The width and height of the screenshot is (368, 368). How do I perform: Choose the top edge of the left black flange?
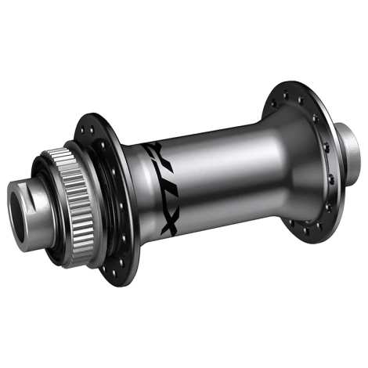pos(94,117)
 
